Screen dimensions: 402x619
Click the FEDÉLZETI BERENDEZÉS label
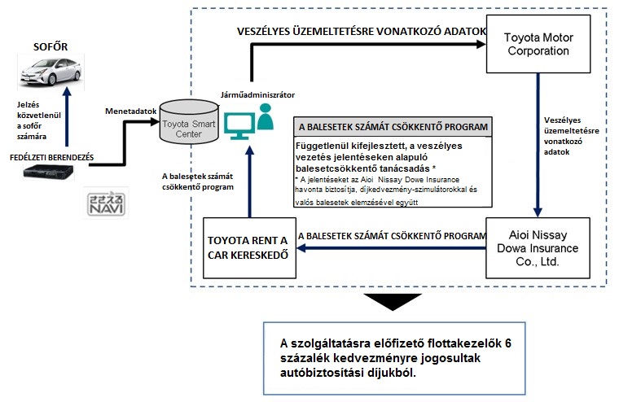[x=53, y=155]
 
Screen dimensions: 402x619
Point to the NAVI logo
[x=104, y=203]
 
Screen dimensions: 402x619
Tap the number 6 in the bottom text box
[x=507, y=343]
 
